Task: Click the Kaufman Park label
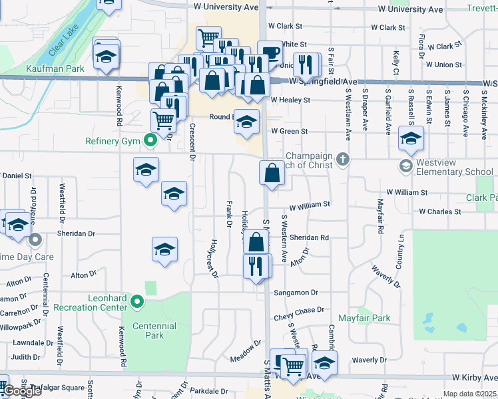point(46,68)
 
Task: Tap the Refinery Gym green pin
point(150,140)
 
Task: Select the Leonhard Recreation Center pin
point(138,303)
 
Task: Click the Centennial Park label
point(154,331)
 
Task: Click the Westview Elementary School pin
point(405,165)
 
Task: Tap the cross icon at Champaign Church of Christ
point(343,159)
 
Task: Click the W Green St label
point(288,132)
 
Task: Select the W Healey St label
point(290,100)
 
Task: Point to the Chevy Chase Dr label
point(299,310)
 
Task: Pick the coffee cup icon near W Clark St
point(270,53)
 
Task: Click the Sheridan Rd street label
point(309,237)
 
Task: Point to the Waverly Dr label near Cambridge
point(364,360)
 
